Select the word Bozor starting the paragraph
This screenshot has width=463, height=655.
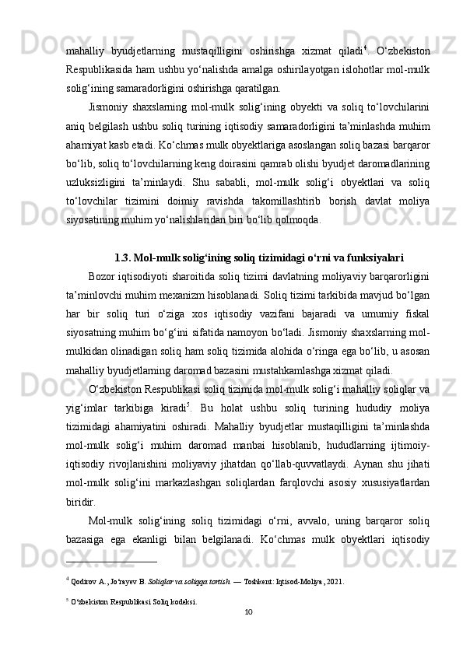(104, 278)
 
